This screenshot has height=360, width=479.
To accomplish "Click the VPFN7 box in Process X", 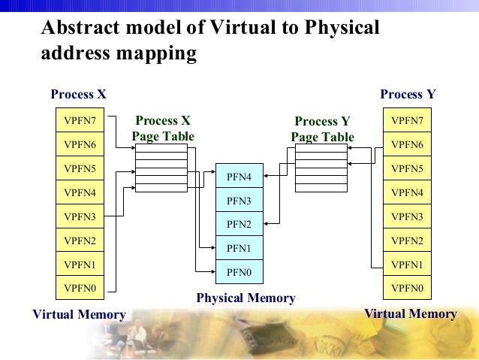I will coord(80,120).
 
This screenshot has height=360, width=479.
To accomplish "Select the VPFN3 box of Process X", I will coord(80,216).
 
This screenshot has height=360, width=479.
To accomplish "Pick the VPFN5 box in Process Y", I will coord(407,168).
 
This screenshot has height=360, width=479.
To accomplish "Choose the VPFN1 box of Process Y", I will coord(407,265).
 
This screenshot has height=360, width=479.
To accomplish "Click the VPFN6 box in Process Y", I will coord(407,144).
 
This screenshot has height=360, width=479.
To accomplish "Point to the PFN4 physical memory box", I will coord(239,177).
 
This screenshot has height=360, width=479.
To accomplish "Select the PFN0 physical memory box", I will coord(239,271).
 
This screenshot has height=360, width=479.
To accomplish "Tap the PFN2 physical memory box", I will coord(239,224).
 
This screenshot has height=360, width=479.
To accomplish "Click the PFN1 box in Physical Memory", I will coord(239,248).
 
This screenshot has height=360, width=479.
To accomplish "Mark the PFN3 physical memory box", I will coord(239,201).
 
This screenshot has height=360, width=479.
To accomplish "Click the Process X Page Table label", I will coord(163,129).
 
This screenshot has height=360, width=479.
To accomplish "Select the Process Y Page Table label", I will coord(322,129).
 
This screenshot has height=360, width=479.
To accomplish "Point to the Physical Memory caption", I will coord(246,298).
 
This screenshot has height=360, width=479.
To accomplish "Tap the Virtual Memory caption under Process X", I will coord(79,314).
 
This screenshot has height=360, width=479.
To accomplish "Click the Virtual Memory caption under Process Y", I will coord(410,313).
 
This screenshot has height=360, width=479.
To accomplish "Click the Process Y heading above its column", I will coord(408,95).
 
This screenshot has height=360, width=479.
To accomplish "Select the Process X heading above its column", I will coord(78,95).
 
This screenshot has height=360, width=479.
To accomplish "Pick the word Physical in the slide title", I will coord(342,28).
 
